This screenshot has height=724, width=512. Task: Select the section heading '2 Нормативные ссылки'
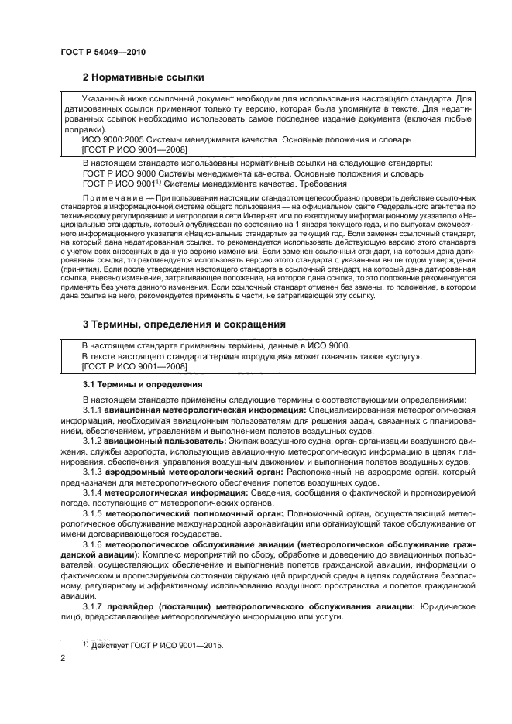(x=143, y=77)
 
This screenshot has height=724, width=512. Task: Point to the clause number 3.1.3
(x=92, y=471)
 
